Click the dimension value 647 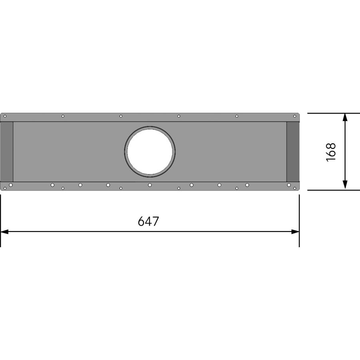click(x=148, y=221)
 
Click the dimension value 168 click(x=331, y=152)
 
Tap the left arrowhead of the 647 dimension click(x=5, y=232)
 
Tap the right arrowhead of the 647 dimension click(x=295, y=232)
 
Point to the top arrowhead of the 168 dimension click(x=345, y=117)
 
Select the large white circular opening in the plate click(x=150, y=151)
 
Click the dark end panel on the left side click(x=7, y=151)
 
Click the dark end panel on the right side click(x=292, y=151)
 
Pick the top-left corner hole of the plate click(x=5, y=116)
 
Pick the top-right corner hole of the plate click(x=295, y=116)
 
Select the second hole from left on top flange click(x=63, y=116)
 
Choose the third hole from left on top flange click(x=121, y=116)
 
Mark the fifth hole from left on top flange click(x=237, y=116)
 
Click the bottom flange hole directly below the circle click(x=150, y=185)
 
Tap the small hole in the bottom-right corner click(x=295, y=188)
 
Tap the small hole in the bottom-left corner click(x=5, y=188)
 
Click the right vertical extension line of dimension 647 click(x=299, y=220)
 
